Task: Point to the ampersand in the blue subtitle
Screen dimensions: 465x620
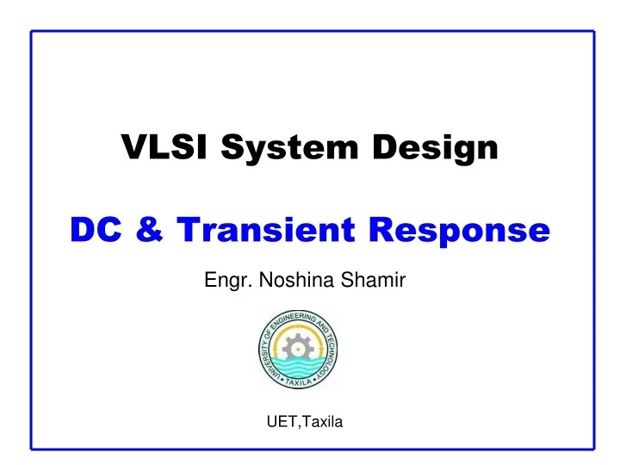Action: (x=145, y=231)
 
